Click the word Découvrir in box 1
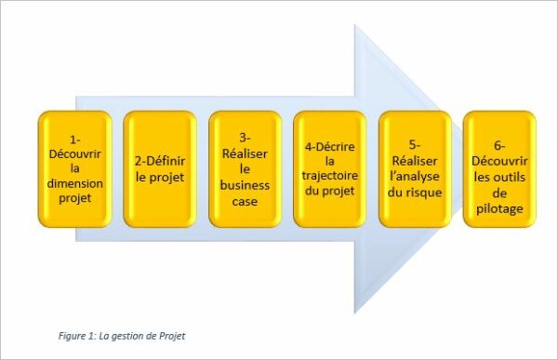[x=74, y=153]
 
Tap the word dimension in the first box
[x=74, y=184]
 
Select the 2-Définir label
[x=159, y=160]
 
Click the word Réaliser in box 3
[x=245, y=153]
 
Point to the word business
[x=245, y=184]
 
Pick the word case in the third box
[x=245, y=199]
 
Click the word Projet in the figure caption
[x=171, y=335]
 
